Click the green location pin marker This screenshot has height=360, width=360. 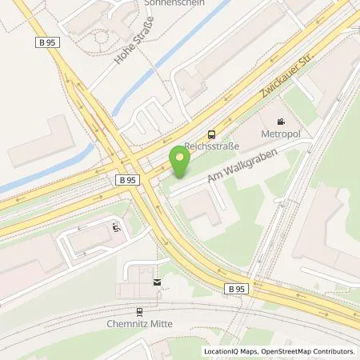(x=180, y=162)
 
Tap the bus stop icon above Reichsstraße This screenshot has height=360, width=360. (x=211, y=134)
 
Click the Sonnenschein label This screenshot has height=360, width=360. (x=174, y=3)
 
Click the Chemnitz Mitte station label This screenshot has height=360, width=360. (x=139, y=323)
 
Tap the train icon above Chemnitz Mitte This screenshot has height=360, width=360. (x=139, y=312)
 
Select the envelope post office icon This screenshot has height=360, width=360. (x=157, y=282)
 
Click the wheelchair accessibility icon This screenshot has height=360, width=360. (x=117, y=228)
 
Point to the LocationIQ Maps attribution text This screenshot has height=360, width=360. (x=231, y=351)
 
